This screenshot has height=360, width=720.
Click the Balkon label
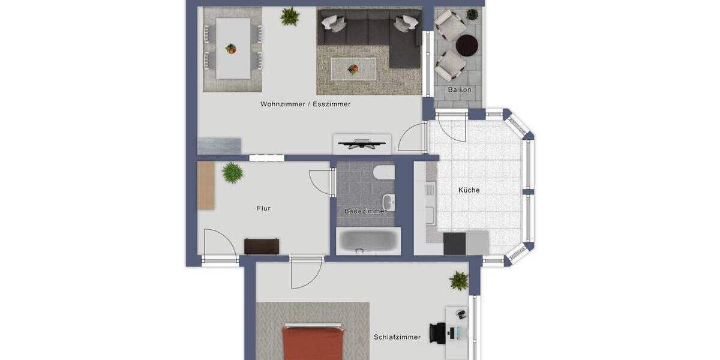[x=460, y=90]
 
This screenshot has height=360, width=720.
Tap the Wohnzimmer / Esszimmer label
[x=305, y=104]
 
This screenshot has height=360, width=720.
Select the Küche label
[x=469, y=190]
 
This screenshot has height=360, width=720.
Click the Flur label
[x=263, y=208]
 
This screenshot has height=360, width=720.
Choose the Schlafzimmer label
[x=397, y=337]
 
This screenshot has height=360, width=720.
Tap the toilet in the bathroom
[x=383, y=172]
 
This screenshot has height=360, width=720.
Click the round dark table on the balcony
[x=467, y=45]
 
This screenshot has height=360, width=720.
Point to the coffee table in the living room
[x=353, y=68]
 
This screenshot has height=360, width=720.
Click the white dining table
[x=233, y=48]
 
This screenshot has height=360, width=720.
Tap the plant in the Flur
[x=232, y=173]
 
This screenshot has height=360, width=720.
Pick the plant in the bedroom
[x=459, y=280]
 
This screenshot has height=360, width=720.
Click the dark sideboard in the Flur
[x=262, y=246]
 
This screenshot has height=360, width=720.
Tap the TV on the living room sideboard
[x=362, y=143]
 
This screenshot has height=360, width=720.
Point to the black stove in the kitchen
[x=454, y=243]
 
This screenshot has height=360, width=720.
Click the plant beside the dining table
[x=290, y=16]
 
